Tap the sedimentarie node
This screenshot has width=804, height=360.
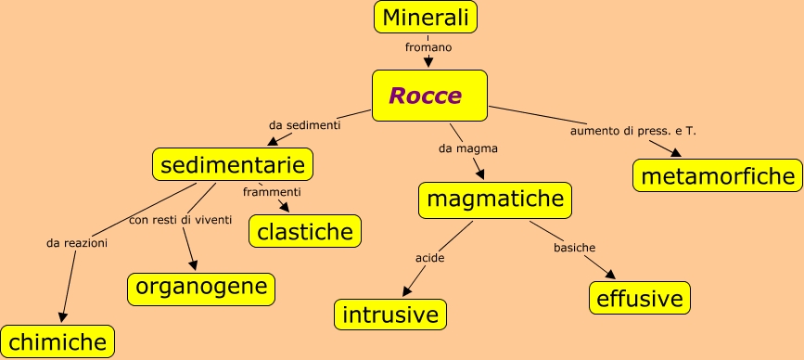[x=233, y=165]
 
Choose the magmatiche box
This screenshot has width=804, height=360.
[x=495, y=199]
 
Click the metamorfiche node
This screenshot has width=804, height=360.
[x=717, y=175]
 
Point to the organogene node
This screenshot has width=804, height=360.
[x=201, y=288]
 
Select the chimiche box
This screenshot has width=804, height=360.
[x=57, y=341]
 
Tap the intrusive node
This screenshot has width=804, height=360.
[x=390, y=314]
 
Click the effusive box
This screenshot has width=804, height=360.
[x=640, y=298]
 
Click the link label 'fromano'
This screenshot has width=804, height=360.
[x=428, y=46]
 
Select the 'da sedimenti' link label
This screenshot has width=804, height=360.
[x=305, y=124]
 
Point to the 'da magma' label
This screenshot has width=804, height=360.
[x=468, y=148]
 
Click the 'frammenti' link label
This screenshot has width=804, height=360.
[x=272, y=192]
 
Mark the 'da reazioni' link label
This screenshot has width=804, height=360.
[x=77, y=243]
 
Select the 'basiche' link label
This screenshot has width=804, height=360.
[x=574, y=248]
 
